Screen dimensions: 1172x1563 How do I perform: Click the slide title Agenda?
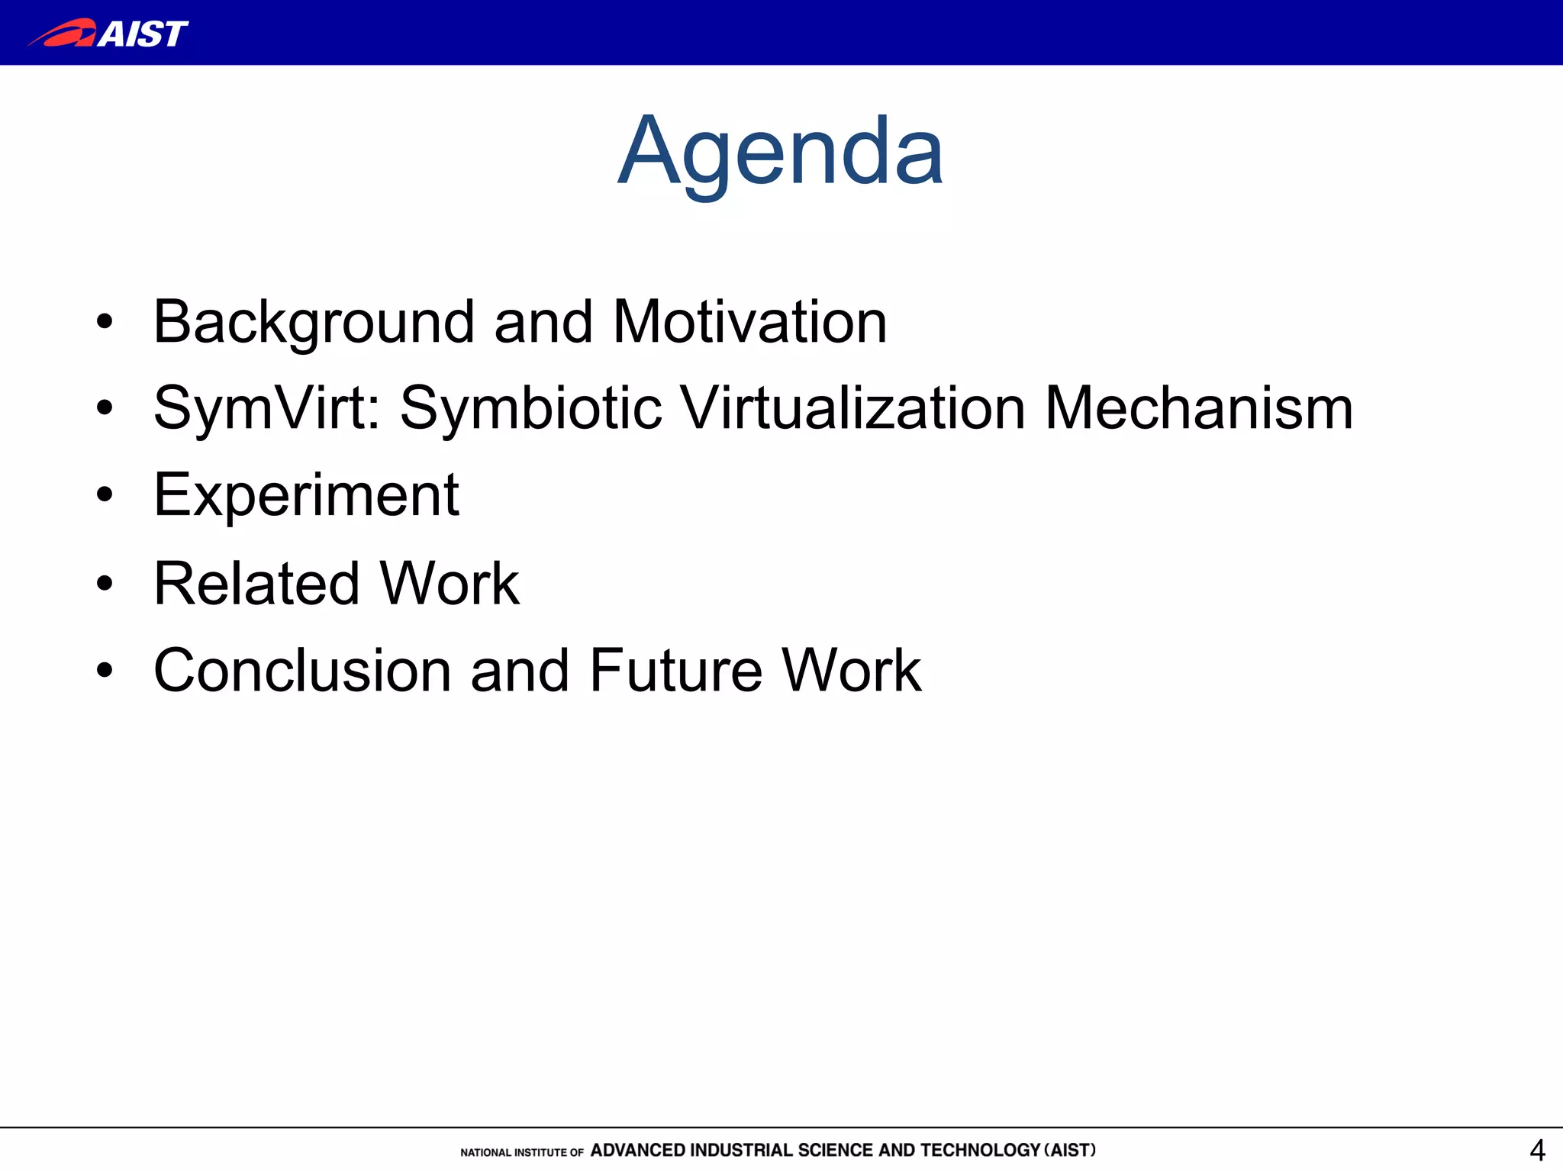tap(781, 153)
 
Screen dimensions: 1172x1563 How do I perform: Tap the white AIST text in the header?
tap(143, 34)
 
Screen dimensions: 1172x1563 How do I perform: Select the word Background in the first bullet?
tap(314, 323)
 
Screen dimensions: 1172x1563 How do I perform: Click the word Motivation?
tap(749, 322)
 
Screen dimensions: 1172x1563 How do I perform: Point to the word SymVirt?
tap(266, 409)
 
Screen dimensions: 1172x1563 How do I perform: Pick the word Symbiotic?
tap(530, 409)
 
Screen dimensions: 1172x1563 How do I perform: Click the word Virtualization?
tap(852, 409)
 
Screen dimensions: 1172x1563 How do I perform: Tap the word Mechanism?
tap(1198, 409)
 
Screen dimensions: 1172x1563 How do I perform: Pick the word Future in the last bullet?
tap(675, 671)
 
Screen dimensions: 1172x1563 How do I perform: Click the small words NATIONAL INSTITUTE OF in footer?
tap(521, 1152)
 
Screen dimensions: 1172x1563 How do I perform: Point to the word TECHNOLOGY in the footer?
tap(980, 1150)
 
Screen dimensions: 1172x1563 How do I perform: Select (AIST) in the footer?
tap(1069, 1150)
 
